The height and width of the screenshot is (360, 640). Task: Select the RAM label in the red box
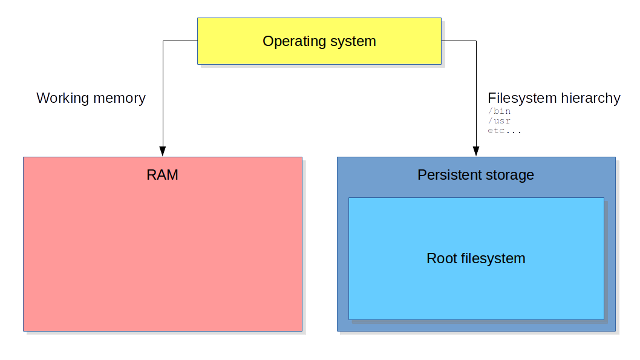[162, 175]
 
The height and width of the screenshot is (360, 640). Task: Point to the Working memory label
[91, 98]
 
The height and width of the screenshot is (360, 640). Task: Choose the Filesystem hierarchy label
[553, 98]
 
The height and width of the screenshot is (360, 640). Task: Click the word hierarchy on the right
[592, 98]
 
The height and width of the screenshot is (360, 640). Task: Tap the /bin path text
[499, 111]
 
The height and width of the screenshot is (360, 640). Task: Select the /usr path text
[499, 121]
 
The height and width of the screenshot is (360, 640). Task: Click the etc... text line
[504, 130]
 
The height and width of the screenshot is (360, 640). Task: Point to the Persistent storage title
[475, 175]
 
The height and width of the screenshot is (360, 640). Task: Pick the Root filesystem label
[475, 258]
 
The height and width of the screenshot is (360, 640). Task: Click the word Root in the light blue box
[440, 258]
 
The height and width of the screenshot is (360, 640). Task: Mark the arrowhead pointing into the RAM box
[162, 151]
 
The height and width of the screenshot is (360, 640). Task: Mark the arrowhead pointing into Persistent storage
[476, 151]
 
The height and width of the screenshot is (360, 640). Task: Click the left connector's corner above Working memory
[162, 41]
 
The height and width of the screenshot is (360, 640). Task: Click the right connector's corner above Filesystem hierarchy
[476, 41]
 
